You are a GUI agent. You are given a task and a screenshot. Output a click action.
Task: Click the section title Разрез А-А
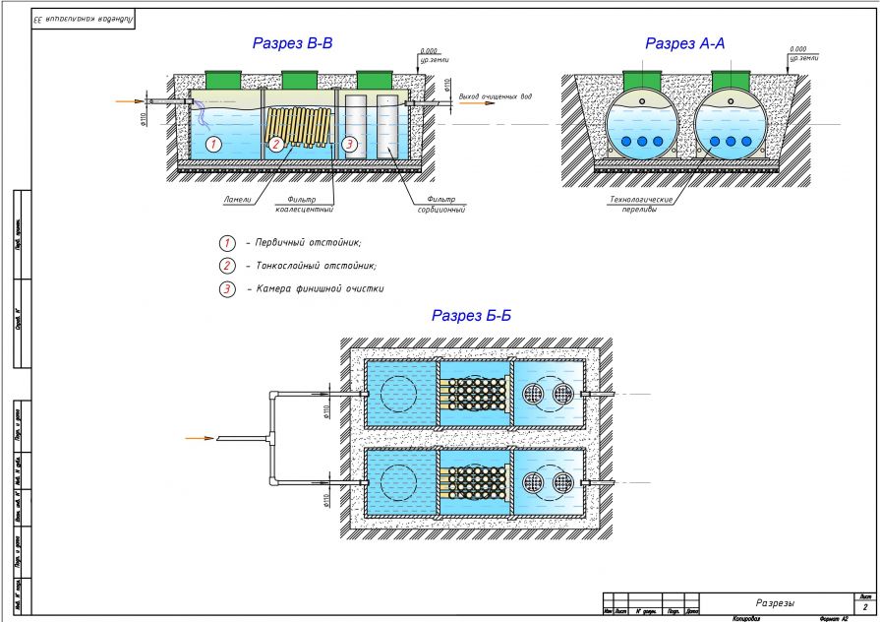(685, 43)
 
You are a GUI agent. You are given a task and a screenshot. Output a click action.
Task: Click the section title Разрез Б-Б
(471, 316)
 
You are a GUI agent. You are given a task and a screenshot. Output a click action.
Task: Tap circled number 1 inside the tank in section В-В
(216, 144)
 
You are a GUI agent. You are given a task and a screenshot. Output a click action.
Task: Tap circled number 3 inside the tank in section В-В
(349, 144)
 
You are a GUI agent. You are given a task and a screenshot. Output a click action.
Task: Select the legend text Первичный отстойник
(307, 242)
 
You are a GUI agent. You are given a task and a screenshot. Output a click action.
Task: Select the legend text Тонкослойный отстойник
(315, 266)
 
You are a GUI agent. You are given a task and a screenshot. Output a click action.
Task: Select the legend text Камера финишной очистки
(319, 289)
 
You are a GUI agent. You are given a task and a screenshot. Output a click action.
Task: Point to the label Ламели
(236, 198)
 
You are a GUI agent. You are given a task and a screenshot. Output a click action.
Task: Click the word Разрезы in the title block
(775, 602)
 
